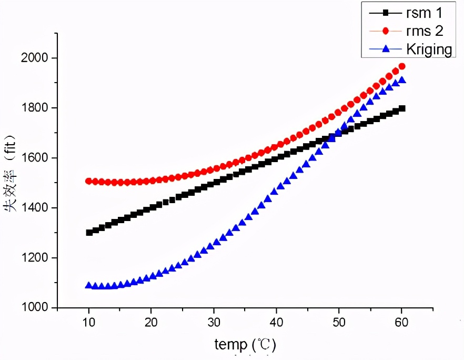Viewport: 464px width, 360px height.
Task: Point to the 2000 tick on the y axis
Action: tap(38, 58)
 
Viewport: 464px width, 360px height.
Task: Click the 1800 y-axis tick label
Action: tap(38, 108)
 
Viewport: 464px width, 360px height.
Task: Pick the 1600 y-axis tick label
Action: tap(38, 158)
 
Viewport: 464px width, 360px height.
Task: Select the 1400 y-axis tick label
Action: tap(38, 208)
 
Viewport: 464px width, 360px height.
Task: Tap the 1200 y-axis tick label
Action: tap(38, 258)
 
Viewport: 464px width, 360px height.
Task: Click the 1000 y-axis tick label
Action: tap(38, 308)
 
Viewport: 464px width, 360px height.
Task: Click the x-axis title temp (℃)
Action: tap(245, 345)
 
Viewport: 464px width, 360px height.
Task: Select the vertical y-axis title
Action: tap(12, 182)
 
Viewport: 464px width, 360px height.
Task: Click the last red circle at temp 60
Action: tap(402, 66)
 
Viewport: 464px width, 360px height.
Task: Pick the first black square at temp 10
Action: tap(89, 232)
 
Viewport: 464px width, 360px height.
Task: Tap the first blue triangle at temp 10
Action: tap(89, 285)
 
